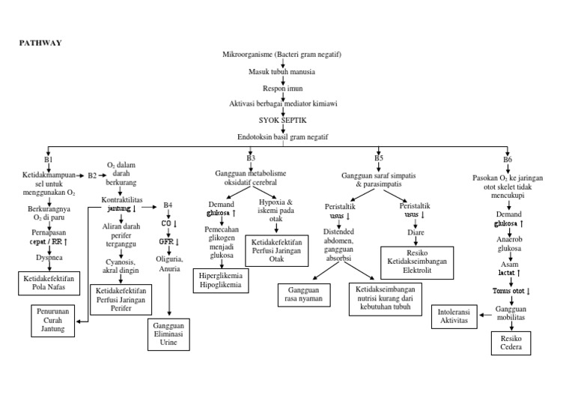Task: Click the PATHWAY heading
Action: pos(40,43)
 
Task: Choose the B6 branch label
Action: pos(508,160)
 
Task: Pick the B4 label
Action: pos(168,205)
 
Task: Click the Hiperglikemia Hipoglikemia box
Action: pos(222,280)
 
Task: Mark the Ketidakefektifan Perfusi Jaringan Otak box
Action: pos(277,249)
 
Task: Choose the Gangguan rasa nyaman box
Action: pos(305,293)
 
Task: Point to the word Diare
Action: pos(416,232)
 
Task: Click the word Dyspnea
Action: pos(49,257)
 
